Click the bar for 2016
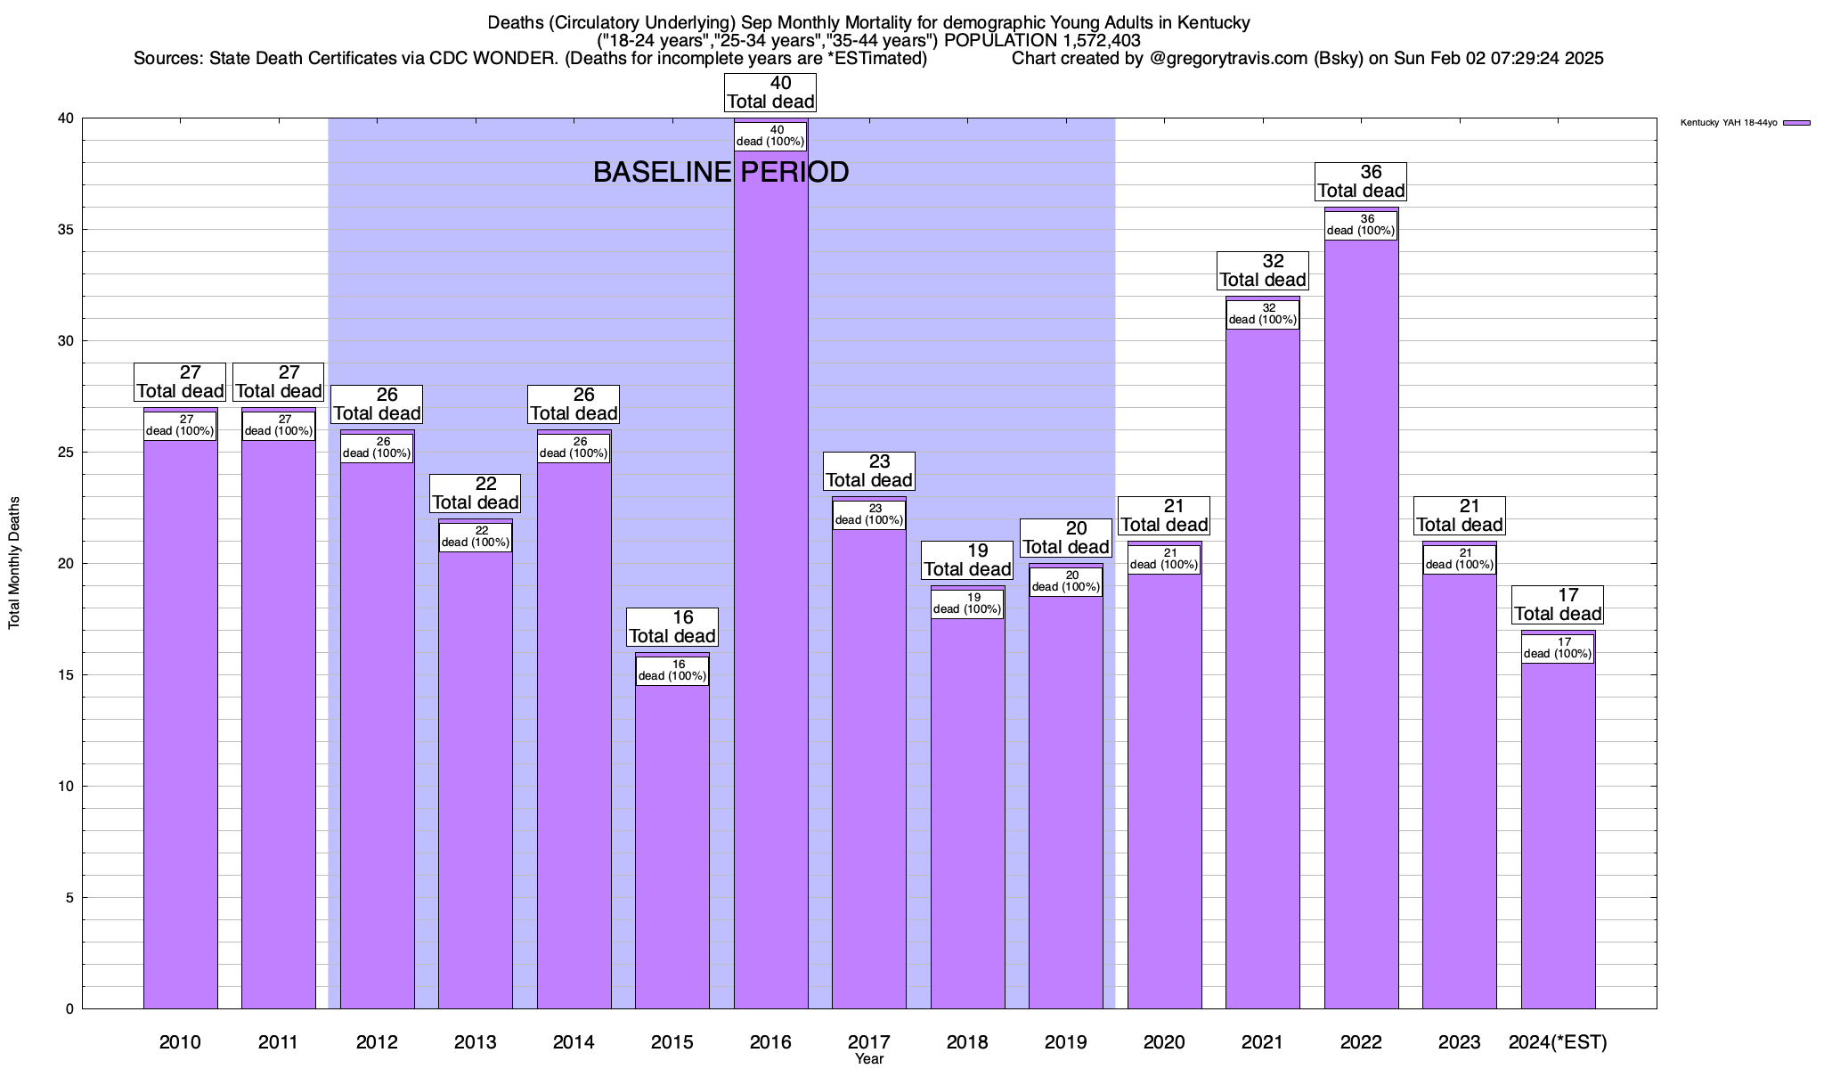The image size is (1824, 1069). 770,579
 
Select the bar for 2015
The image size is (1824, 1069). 672,846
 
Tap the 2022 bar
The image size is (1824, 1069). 1361,624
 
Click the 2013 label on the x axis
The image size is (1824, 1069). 476,1042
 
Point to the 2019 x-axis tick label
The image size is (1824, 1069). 1065,1042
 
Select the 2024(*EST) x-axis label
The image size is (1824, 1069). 1558,1042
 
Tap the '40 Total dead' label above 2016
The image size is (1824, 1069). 770,93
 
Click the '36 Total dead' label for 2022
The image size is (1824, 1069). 1361,182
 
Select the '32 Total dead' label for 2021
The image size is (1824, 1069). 1263,271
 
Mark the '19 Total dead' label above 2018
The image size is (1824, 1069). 967,560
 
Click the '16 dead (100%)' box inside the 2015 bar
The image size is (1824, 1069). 672,670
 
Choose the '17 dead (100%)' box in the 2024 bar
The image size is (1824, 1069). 1558,648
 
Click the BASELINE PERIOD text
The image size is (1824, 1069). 721,172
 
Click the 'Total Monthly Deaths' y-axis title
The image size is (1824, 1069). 14,563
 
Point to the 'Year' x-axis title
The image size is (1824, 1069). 869,1059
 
